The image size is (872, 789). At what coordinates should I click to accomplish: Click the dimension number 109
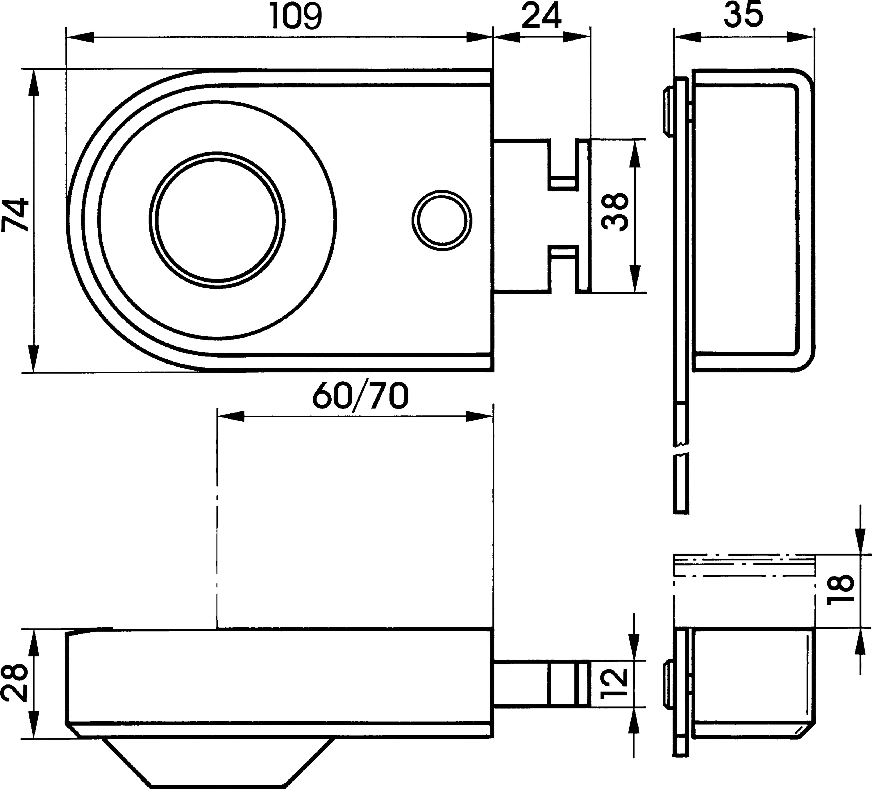coord(296,17)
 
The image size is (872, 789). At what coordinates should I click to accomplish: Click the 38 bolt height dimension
coord(616,212)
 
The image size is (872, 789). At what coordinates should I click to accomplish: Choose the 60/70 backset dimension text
coord(360,396)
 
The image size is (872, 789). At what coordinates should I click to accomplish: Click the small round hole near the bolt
coord(442,221)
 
